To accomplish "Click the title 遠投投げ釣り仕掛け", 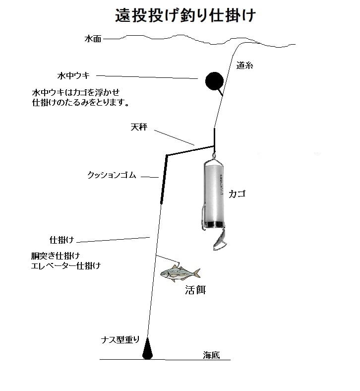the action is click(185, 15).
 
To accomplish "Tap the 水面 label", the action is click(93, 39).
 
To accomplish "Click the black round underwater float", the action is click(214, 81).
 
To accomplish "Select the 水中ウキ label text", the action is click(73, 75).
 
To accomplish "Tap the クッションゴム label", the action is click(112, 175).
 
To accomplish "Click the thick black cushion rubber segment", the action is click(163, 179).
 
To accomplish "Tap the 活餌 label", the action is click(194, 290).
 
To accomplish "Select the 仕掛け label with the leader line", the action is click(61, 240).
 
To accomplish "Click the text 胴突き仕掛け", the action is click(56, 256).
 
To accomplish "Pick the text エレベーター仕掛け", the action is click(66, 265).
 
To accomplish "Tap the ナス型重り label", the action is click(121, 340).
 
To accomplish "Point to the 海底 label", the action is click(211, 354).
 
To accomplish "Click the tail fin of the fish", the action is click(196, 273).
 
